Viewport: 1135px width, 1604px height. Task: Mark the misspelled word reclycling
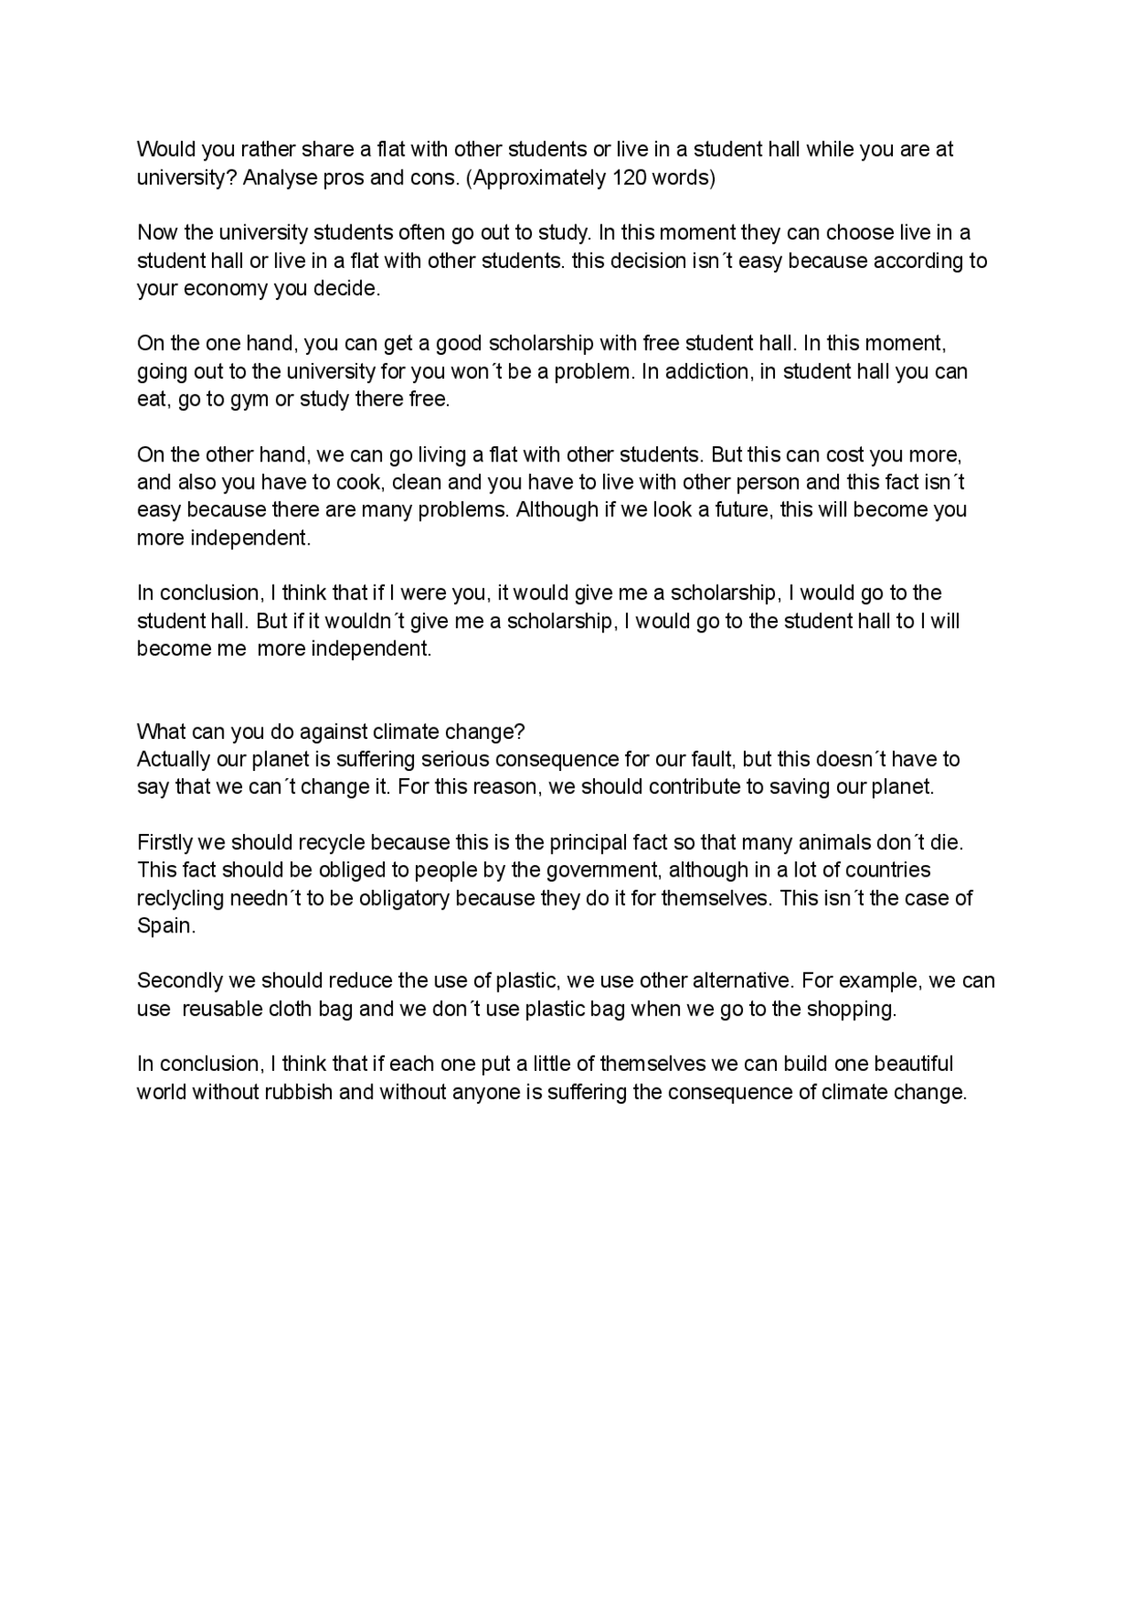point(180,898)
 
